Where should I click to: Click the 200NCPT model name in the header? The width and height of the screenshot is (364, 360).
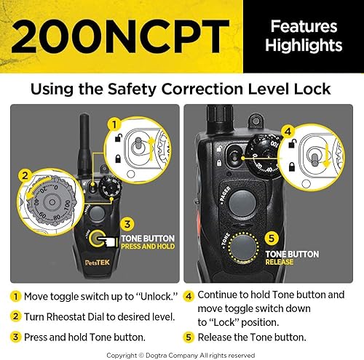(x=120, y=36)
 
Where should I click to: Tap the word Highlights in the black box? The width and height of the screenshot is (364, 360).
(x=306, y=46)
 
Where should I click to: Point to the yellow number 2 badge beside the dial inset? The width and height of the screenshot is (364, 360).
(x=24, y=175)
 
